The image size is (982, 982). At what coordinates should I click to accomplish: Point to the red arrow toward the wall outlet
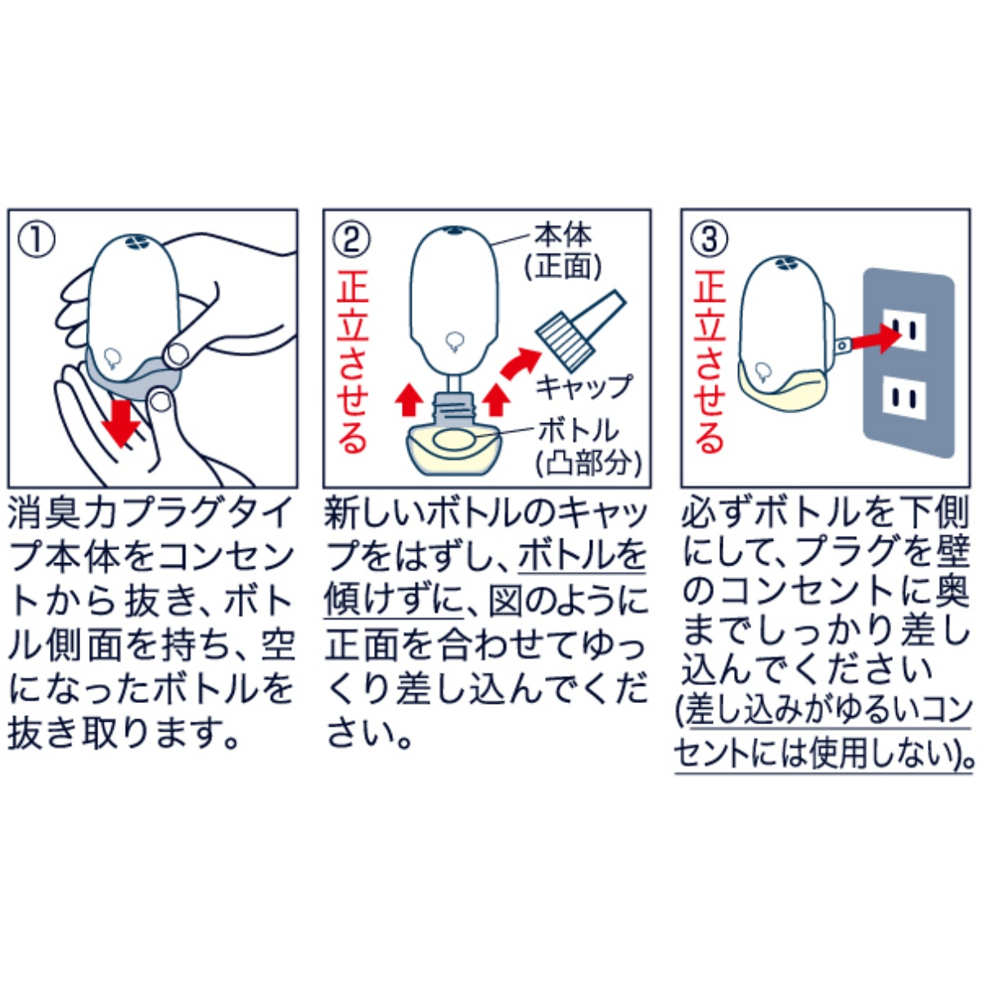point(876,337)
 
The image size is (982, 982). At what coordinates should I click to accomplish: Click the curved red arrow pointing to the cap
point(520,361)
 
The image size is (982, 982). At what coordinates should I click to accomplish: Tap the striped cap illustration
point(581,329)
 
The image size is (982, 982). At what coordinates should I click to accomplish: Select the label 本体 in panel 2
point(562,236)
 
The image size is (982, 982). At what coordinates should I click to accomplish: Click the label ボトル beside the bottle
point(579,431)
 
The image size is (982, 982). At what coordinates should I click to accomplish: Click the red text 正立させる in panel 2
point(352,362)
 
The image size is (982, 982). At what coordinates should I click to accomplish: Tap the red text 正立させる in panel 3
point(709,362)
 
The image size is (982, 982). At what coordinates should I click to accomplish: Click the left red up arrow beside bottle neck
point(409,400)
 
